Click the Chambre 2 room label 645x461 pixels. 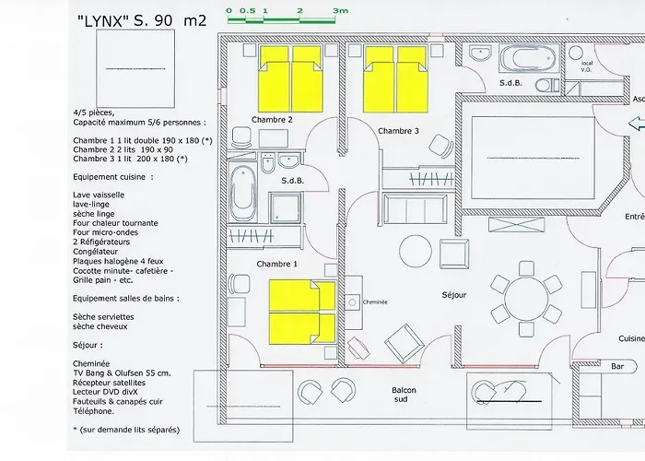click(272, 120)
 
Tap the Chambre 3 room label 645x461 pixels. click(398, 131)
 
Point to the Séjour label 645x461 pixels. click(453, 295)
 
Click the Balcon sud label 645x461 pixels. click(404, 396)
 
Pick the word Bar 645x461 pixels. click(618, 366)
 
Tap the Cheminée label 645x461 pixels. click(376, 301)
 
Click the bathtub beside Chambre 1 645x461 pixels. click(243, 189)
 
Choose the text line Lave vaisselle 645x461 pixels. click(99, 195)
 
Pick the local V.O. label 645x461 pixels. click(587, 65)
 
